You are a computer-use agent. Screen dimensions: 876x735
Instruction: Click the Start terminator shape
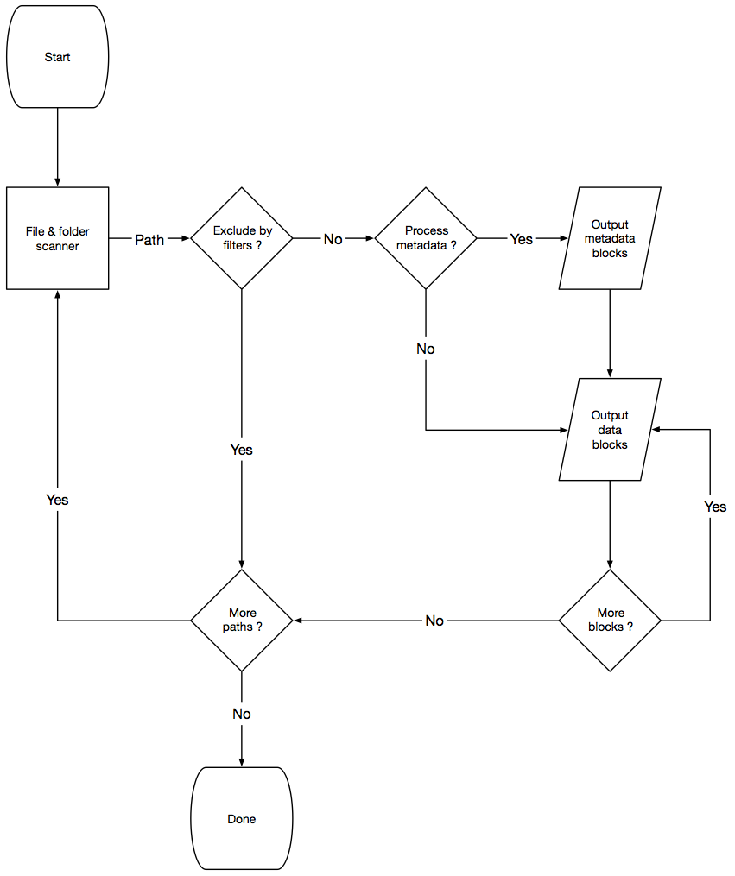pos(57,58)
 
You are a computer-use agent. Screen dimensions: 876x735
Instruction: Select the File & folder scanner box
pos(57,238)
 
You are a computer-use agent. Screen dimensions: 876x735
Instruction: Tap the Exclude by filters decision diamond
pos(242,238)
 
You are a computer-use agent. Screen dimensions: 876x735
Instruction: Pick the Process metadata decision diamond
pos(426,238)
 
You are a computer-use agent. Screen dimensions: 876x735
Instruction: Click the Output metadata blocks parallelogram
pos(610,238)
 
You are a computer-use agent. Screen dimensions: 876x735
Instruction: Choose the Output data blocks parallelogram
pos(610,430)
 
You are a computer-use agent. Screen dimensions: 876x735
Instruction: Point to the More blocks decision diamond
pos(610,620)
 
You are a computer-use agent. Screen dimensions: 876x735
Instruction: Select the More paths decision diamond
pos(242,620)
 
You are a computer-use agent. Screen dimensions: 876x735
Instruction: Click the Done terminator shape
pos(241,818)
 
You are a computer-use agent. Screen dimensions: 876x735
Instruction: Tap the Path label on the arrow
pos(149,240)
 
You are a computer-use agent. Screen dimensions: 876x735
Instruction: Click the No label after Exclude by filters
pos(333,240)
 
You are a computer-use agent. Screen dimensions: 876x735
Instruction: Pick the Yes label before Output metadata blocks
pos(522,240)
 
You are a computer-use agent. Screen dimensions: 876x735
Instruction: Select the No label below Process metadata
pos(426,350)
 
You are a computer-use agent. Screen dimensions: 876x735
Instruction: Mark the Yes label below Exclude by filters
pos(242,451)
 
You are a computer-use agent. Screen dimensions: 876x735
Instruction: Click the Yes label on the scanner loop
pos(57,501)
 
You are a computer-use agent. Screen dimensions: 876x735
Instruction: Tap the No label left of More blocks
pos(434,621)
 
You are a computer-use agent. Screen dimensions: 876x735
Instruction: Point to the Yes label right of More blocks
pos(715,507)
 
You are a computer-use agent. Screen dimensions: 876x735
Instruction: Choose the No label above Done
pos(242,715)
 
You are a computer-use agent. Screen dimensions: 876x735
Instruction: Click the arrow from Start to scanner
pos(57,147)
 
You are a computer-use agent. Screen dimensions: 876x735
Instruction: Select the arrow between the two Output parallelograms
pos(610,333)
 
